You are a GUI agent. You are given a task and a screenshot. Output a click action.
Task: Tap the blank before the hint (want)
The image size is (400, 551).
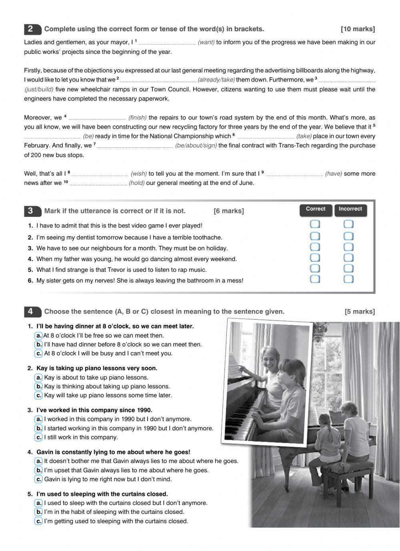point(167,43)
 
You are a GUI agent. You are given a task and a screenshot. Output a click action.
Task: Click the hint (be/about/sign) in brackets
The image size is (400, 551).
point(196,145)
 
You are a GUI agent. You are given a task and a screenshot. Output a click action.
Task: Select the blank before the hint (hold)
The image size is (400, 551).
point(98,183)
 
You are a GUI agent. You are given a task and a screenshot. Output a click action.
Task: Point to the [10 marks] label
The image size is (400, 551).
point(358,29)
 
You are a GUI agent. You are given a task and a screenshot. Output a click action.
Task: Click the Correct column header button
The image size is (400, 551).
point(316,209)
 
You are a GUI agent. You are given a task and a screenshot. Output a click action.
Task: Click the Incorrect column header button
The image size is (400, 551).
point(350,209)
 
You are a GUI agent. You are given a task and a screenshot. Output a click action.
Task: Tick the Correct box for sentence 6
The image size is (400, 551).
point(315,279)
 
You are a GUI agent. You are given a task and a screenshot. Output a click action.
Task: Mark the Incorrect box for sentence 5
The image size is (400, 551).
point(348,269)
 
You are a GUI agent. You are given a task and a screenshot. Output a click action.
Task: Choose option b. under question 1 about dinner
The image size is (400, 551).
point(39,344)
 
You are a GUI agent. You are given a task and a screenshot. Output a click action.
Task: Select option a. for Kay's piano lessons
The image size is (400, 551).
point(39,378)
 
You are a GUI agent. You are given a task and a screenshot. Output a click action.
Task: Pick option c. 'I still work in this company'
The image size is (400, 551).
point(39,438)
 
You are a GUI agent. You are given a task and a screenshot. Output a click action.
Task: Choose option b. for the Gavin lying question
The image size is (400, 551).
point(39,470)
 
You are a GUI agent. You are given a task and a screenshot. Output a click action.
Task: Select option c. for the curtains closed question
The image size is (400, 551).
point(39,521)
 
